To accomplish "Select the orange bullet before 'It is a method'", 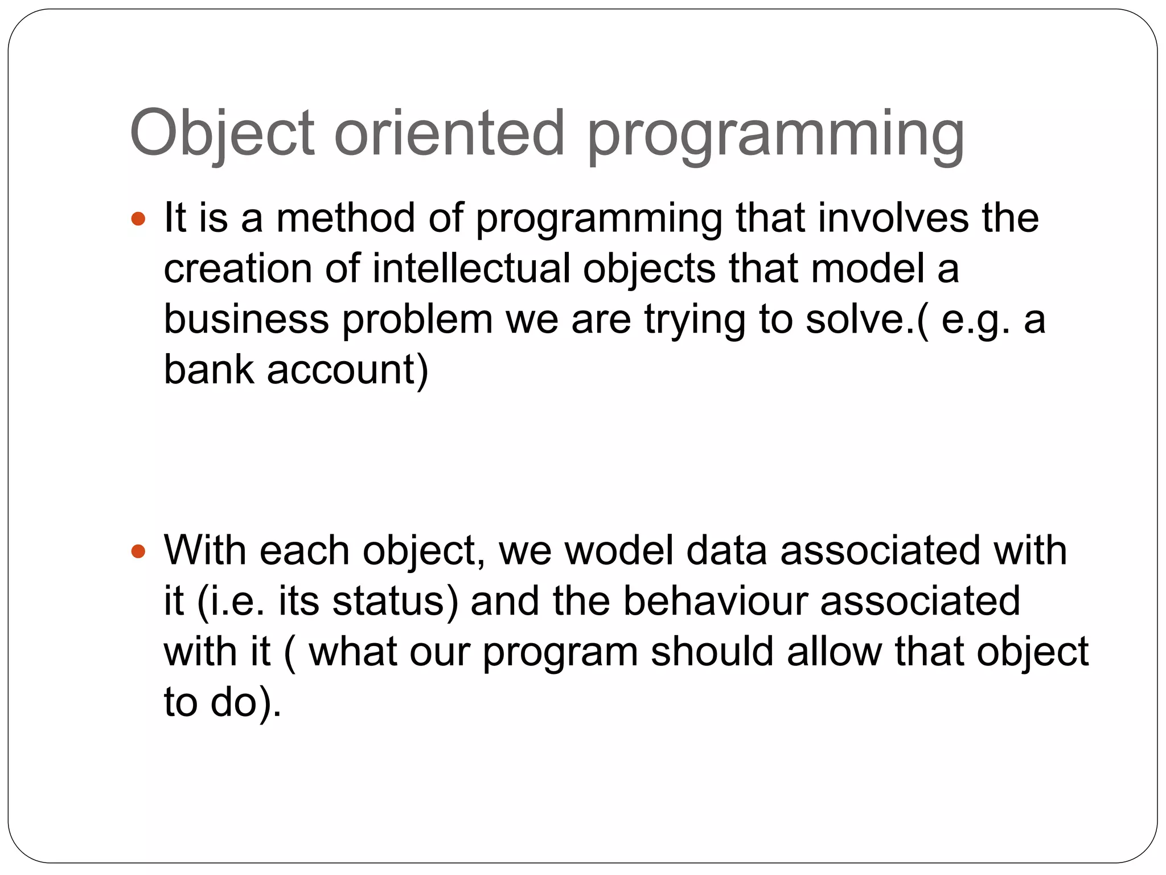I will [138, 218].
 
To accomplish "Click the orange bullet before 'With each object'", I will [138, 551].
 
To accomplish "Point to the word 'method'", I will [345, 218].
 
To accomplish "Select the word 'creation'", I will [238, 268].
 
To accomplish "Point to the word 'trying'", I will [695, 320].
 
